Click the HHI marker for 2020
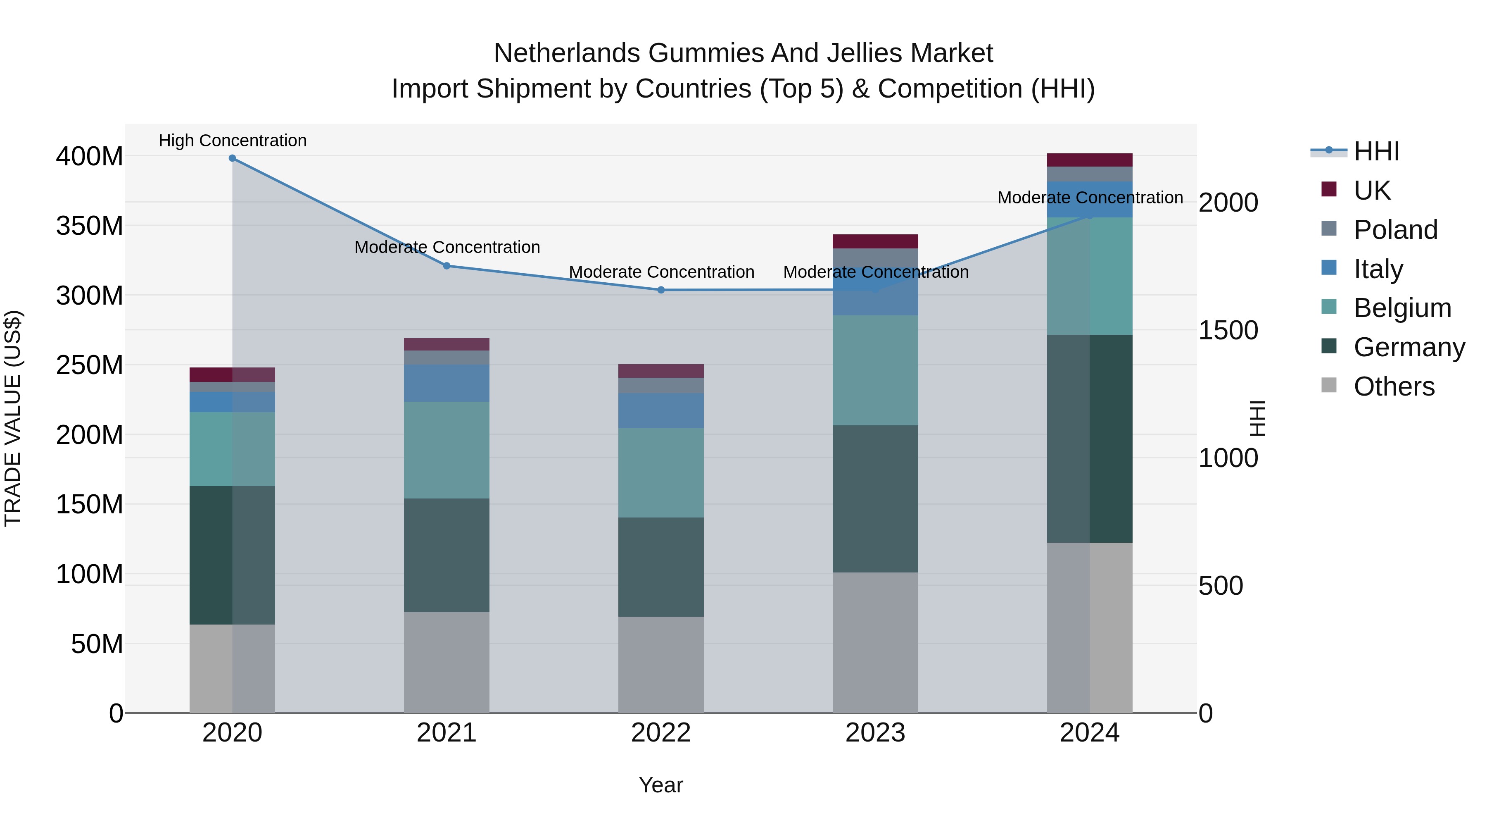232,158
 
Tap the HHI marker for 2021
446,266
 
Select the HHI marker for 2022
661,290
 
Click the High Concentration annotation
233,141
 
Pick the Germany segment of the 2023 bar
875,498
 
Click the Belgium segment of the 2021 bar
446,450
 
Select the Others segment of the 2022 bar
661,664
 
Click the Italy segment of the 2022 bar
661,411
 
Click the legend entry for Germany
1409,347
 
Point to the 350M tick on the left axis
90,226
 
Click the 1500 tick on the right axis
1228,330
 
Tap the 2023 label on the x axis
875,733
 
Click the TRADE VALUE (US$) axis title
13,418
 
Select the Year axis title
661,785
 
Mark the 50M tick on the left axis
97,644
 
